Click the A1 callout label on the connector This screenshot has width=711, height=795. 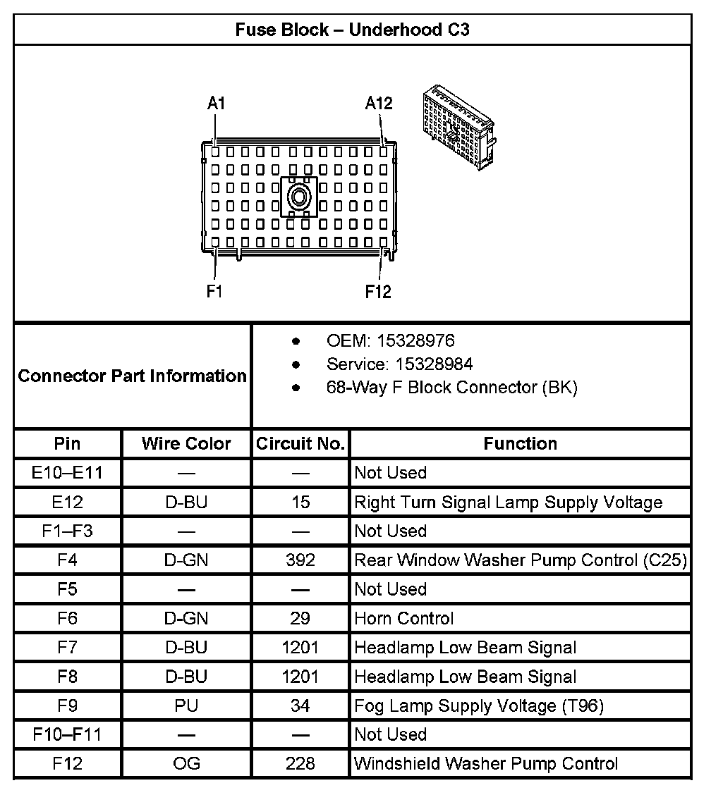tap(216, 103)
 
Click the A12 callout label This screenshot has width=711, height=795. tap(379, 103)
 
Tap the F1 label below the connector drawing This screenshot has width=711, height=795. tap(214, 291)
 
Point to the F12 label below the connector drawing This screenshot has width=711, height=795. tap(378, 291)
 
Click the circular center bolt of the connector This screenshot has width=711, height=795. tap(299, 197)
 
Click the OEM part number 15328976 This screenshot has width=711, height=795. tap(415, 341)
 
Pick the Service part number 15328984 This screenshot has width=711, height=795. tap(425, 364)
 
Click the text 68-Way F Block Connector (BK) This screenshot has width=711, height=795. tap(451, 387)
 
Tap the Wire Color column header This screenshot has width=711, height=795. tap(186, 444)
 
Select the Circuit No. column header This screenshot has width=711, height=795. tap(300, 444)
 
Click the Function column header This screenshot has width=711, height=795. tap(520, 444)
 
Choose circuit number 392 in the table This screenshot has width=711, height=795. tap(300, 560)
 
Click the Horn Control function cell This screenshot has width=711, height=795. tap(404, 619)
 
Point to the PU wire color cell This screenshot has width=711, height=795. tap(186, 705)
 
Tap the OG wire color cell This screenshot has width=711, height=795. tap(186, 763)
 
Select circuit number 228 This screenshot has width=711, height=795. tap(300, 763)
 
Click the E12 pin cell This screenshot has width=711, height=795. tap(68, 503)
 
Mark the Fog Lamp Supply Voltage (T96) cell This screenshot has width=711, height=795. tap(479, 705)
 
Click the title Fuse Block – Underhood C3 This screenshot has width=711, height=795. tap(352, 30)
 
